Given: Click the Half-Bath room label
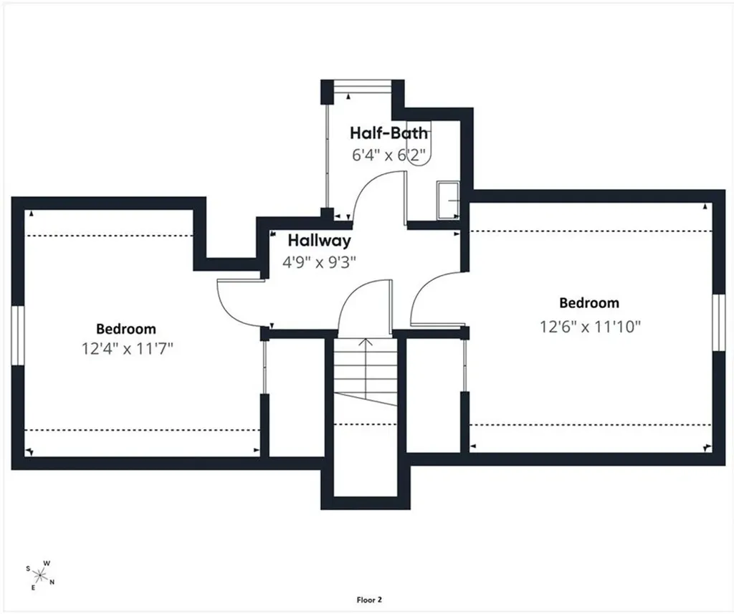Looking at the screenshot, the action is (x=389, y=133).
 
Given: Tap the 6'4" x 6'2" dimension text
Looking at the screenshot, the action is (x=391, y=155).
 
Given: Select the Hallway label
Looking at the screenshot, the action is (x=319, y=241).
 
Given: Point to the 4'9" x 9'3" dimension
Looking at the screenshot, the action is (x=319, y=262).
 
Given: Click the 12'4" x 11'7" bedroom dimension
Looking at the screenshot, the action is (x=128, y=349).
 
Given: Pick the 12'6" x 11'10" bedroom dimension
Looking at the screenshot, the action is (x=590, y=326).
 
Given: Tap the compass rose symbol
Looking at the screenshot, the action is (x=40, y=575).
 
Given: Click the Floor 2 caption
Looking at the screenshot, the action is (x=369, y=600).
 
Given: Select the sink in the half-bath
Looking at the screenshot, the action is (x=448, y=201).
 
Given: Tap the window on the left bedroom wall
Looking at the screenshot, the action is (x=17, y=335).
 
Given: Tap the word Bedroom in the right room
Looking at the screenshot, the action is (x=589, y=303).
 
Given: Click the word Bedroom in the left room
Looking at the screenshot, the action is (x=126, y=329).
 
